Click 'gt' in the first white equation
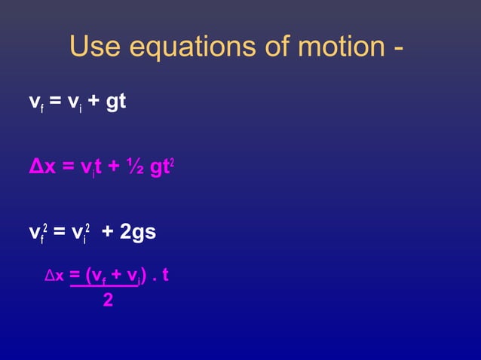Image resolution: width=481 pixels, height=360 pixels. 116,102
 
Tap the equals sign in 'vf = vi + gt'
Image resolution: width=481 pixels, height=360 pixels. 55,102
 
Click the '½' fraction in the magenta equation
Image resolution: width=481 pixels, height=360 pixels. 135,166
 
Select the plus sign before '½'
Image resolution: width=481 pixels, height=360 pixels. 115,166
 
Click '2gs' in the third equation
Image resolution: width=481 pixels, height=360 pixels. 139,233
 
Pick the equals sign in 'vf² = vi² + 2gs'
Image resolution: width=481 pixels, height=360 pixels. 59,233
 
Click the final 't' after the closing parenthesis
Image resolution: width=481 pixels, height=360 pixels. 165,276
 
